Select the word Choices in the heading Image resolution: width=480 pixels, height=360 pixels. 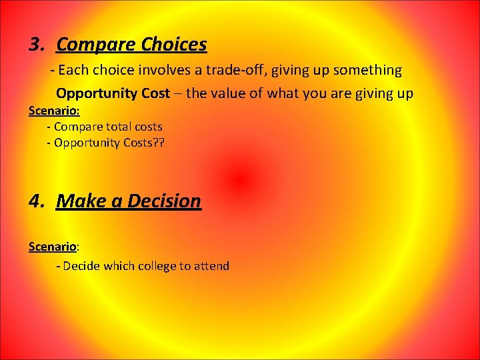click(174, 45)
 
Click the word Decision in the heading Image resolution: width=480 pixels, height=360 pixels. click(164, 201)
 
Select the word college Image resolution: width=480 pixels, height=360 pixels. click(156, 266)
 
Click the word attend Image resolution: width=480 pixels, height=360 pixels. click(211, 266)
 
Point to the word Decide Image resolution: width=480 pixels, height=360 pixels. click(81, 266)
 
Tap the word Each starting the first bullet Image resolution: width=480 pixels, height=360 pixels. click(73, 70)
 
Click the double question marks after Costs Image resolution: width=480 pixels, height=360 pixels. click(158, 143)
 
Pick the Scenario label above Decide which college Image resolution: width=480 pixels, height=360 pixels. click(53, 247)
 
